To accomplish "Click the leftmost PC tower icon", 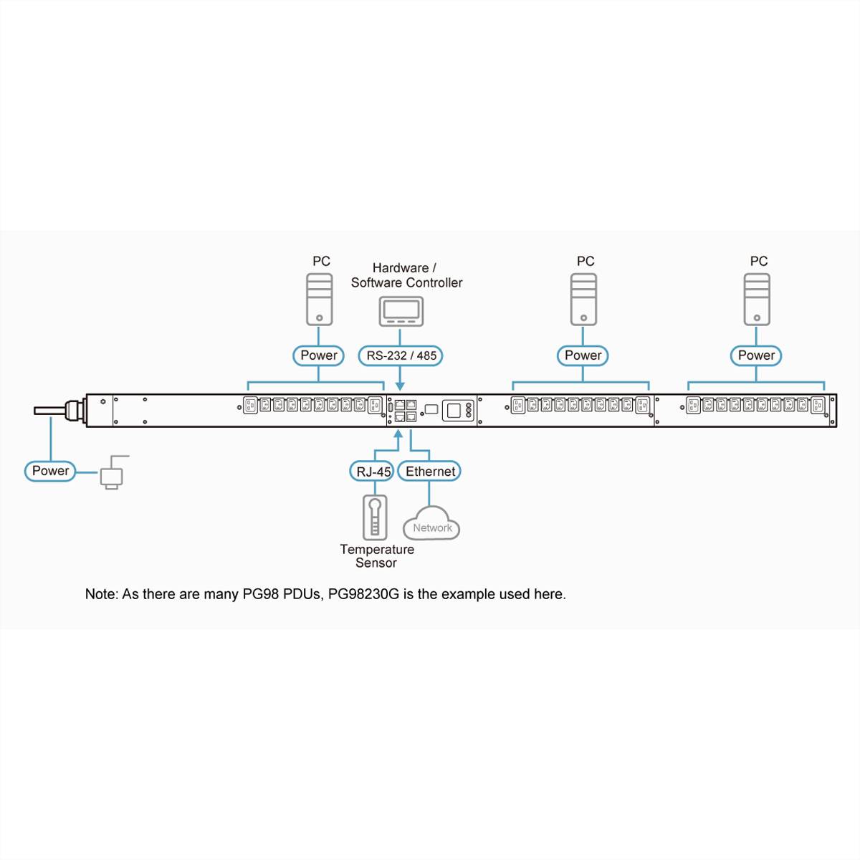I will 320,300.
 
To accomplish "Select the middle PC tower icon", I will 583,300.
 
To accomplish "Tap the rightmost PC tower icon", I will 757,300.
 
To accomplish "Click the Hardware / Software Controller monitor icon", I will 401,311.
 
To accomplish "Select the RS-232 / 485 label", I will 401,355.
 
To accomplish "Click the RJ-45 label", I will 373,471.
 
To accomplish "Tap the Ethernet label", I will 429,471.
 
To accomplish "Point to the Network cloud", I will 431,525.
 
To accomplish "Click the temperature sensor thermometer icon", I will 375,517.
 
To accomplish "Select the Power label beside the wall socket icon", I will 50,471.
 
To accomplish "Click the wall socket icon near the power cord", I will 112,474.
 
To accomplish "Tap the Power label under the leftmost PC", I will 319,355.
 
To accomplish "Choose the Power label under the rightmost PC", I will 756,355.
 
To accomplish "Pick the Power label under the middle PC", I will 583,355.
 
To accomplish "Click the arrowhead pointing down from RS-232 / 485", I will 400,386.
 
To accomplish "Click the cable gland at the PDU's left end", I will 74,411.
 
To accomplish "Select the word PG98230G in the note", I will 364,594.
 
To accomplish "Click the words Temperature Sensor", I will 376,556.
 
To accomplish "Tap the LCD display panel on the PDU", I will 454,411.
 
